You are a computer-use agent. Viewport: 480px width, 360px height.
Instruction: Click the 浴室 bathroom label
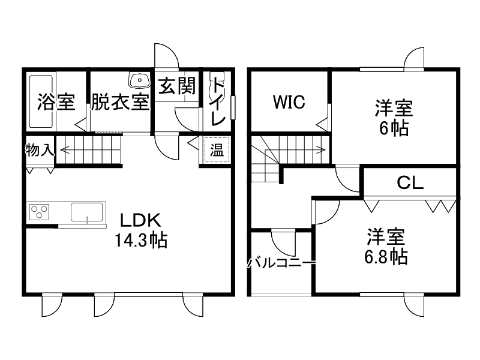56,103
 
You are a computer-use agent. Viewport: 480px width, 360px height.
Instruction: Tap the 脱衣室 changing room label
120,103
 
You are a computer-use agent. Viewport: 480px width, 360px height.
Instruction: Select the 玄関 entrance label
177,87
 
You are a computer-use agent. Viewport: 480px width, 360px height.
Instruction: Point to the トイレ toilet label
218,103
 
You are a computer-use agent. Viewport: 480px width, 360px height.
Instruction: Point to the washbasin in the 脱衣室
140,80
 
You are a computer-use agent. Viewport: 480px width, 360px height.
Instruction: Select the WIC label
289,102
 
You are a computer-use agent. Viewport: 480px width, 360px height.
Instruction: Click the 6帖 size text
394,128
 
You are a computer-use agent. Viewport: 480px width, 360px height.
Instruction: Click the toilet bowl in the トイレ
215,87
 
